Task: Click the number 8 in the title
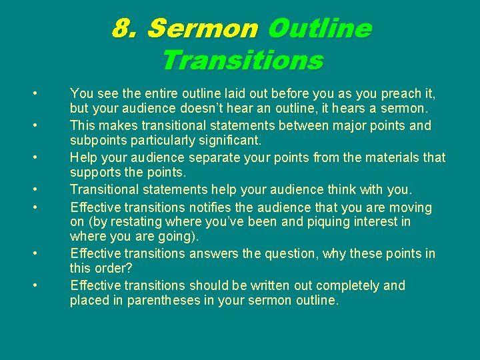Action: (120, 29)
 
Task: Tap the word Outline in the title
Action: (319, 29)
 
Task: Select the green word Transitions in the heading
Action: (242, 61)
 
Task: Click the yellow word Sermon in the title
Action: (202, 29)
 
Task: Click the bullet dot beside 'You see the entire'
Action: (33, 92)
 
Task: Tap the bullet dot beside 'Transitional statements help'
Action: (33, 189)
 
